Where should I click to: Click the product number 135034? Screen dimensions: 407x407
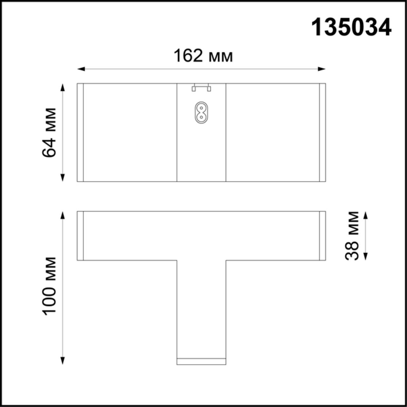click(x=351, y=27)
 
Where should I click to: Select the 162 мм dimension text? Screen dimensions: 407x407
click(x=203, y=56)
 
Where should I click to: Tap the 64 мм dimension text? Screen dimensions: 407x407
click(x=49, y=133)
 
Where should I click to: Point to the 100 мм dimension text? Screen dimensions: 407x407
click(x=49, y=286)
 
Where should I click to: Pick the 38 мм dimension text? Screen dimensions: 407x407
click(x=352, y=236)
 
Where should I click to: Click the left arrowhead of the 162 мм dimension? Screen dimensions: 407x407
click(x=81, y=69)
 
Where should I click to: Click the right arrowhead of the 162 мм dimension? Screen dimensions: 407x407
click(x=322, y=69)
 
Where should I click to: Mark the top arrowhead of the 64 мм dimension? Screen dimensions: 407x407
click(x=63, y=87)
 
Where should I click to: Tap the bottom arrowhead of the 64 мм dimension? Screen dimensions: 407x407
click(x=63, y=178)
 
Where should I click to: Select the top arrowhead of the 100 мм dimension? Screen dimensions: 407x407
click(x=63, y=215)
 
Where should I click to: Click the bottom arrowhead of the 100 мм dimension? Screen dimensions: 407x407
click(x=63, y=361)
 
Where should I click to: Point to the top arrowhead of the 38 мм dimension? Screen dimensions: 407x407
click(x=365, y=215)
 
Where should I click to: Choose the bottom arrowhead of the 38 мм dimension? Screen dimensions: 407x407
click(x=365, y=257)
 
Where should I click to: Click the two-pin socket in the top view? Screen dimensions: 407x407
click(x=201, y=113)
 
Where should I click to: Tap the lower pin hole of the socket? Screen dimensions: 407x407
click(x=201, y=117)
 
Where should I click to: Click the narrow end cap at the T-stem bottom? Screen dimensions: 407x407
click(x=201, y=362)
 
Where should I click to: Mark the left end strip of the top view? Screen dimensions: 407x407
click(x=80, y=133)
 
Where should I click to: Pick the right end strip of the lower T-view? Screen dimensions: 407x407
click(x=322, y=236)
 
